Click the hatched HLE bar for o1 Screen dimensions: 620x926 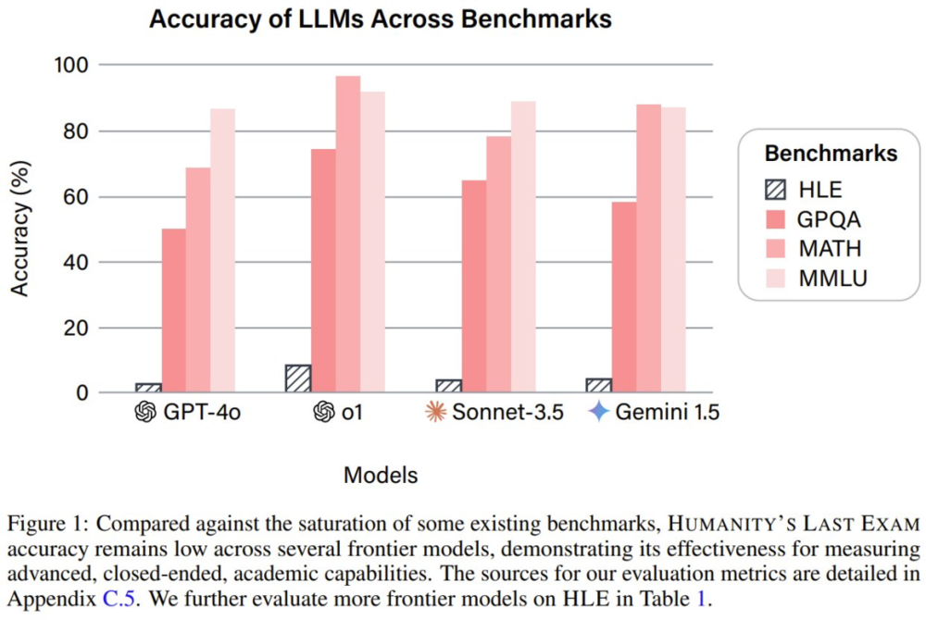298,378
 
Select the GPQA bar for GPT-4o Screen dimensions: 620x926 173,311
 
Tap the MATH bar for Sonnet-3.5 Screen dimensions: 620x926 498,265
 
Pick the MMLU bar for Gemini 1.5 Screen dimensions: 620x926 673,250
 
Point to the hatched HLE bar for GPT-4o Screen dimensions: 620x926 149,388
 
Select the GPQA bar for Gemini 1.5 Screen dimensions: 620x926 623,297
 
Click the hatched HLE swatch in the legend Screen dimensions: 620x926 776,191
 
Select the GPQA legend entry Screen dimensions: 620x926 815,219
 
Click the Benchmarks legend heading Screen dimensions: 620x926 831,153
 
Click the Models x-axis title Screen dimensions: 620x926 381,476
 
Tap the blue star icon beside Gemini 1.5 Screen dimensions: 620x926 599,412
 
